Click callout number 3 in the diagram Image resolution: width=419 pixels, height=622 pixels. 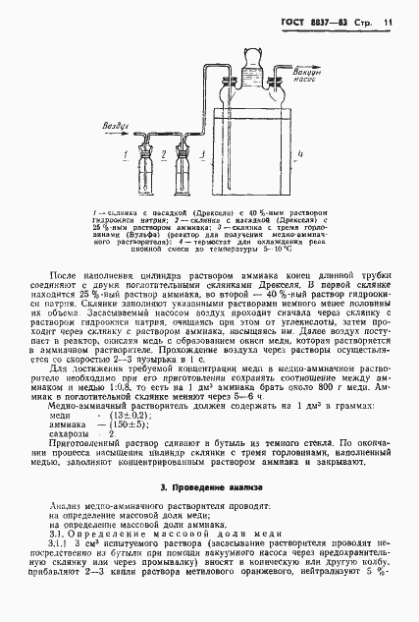pyautogui.click(x=199, y=155)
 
